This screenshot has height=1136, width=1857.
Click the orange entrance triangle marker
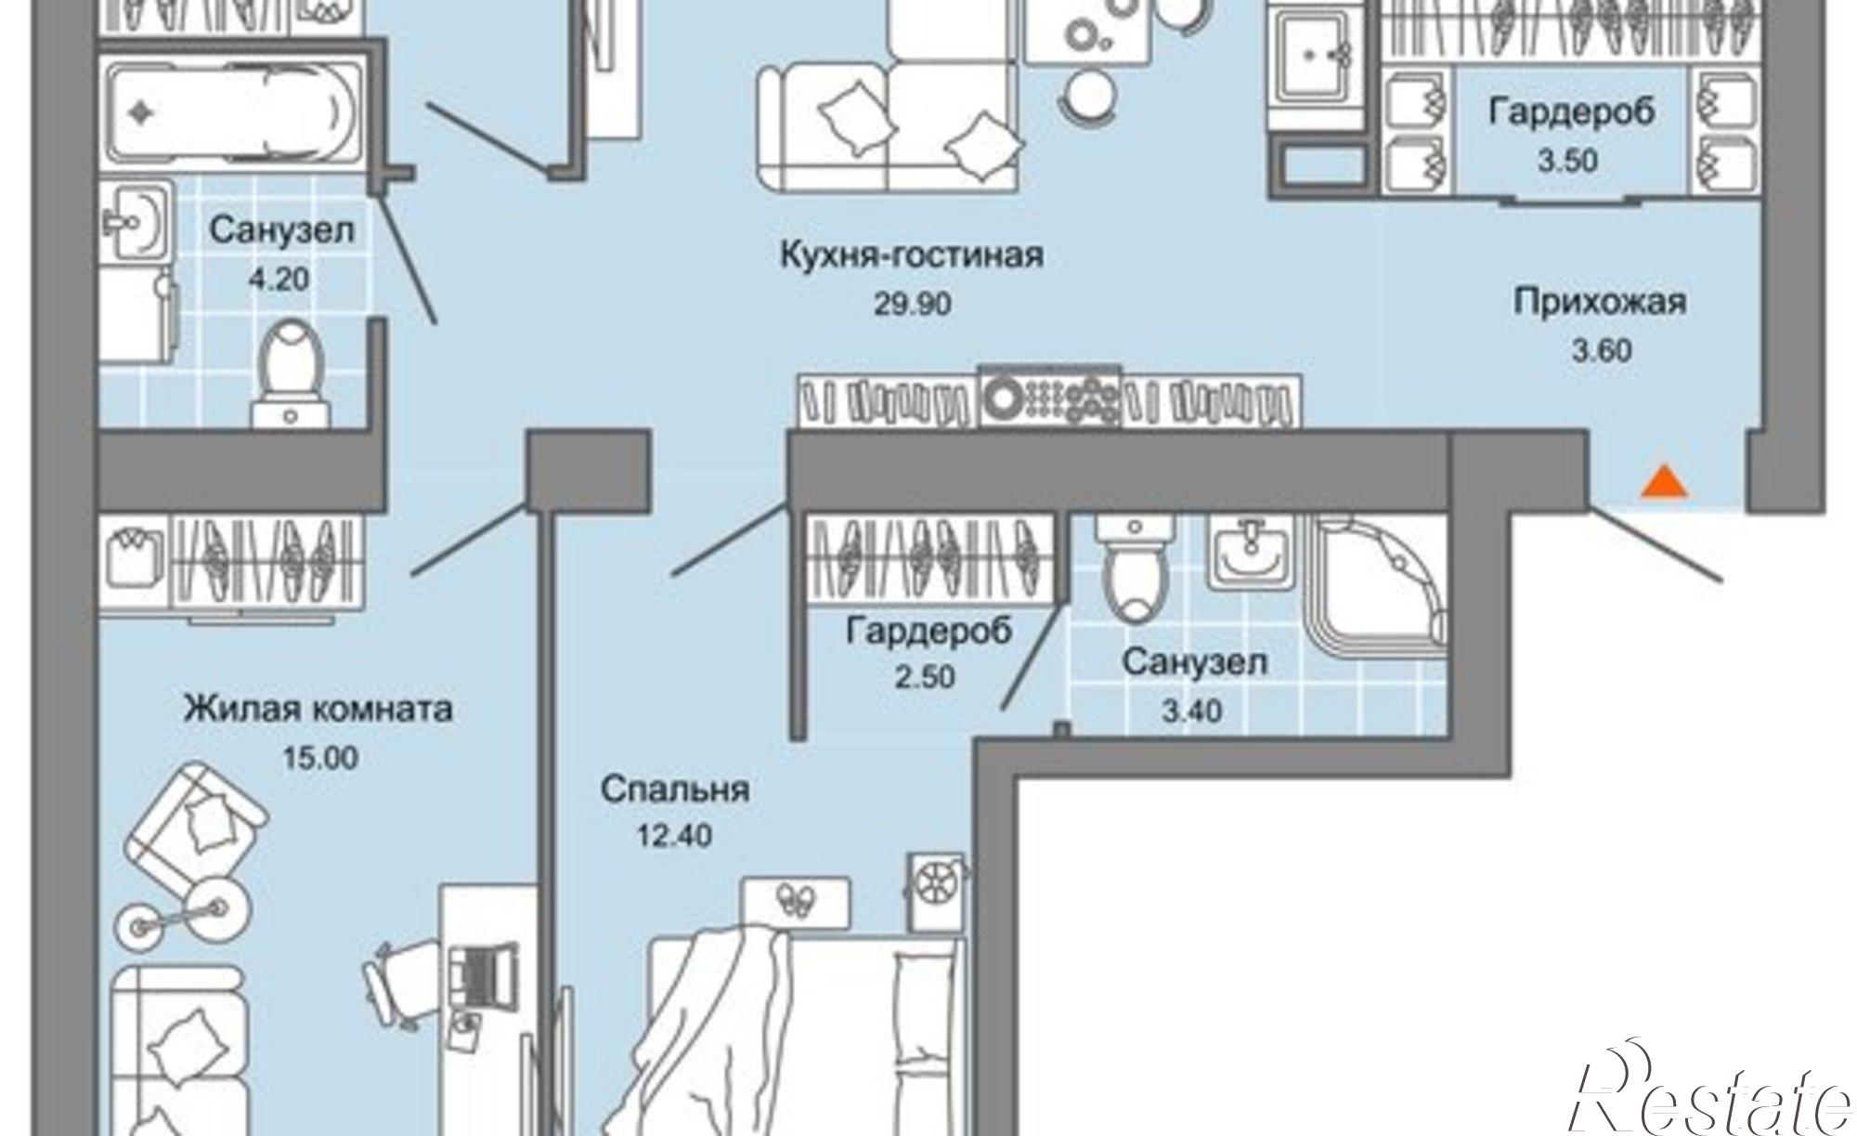pyautogui.click(x=1664, y=484)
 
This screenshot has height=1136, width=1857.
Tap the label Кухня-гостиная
pyautogui.click(x=912, y=255)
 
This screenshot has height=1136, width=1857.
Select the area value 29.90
pyautogui.click(x=912, y=304)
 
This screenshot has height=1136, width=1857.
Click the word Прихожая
pyautogui.click(x=1600, y=303)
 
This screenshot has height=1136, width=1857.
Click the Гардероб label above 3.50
pyautogui.click(x=1571, y=112)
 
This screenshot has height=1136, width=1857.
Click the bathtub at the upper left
pyautogui.click(x=232, y=113)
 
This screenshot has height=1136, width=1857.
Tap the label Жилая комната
pyautogui.click(x=318, y=709)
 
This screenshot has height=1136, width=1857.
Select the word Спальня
pyautogui.click(x=674, y=790)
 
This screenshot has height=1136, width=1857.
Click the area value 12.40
pyautogui.click(x=674, y=836)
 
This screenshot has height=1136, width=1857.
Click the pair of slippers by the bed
pyautogui.click(x=798, y=898)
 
